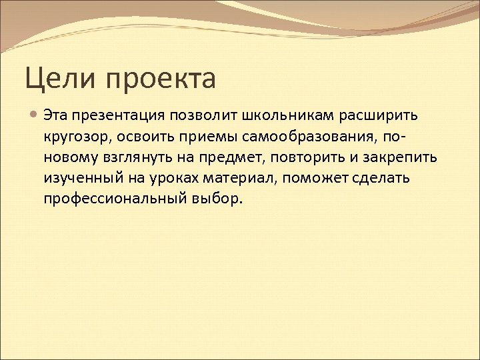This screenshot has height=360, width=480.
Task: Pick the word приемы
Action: (203, 137)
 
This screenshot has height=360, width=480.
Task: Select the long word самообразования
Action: (309, 137)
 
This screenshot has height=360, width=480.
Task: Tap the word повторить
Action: (294, 158)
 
